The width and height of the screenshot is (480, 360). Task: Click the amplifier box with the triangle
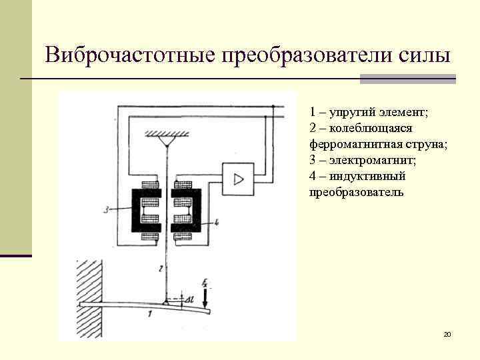[238, 178]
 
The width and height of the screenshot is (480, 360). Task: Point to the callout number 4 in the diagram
[217, 221]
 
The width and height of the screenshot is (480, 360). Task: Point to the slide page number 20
[447, 333]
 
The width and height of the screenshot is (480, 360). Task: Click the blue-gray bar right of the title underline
[407, 79]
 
